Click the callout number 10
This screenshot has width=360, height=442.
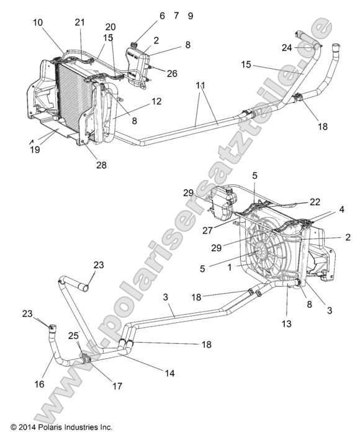[38, 22]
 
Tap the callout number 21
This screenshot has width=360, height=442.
[79, 22]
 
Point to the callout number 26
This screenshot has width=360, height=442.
[172, 73]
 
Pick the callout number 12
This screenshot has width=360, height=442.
[156, 101]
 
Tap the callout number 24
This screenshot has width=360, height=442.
[286, 47]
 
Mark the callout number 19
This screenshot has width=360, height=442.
[35, 150]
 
